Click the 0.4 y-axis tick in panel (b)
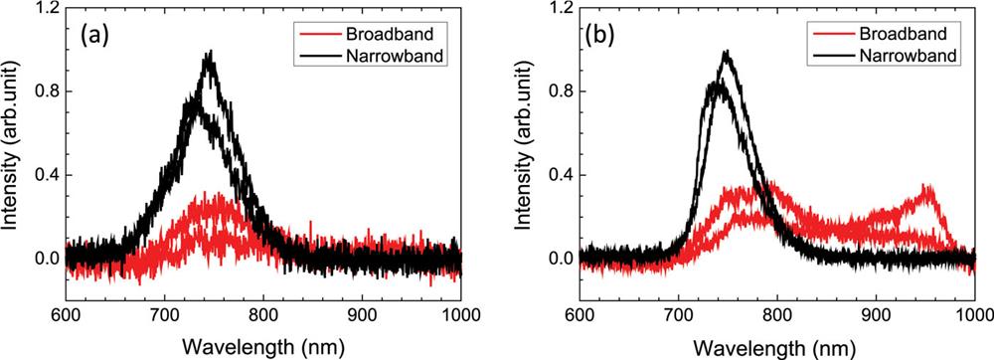click(560, 175)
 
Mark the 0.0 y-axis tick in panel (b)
click(560, 259)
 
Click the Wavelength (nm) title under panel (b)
click(776, 342)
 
